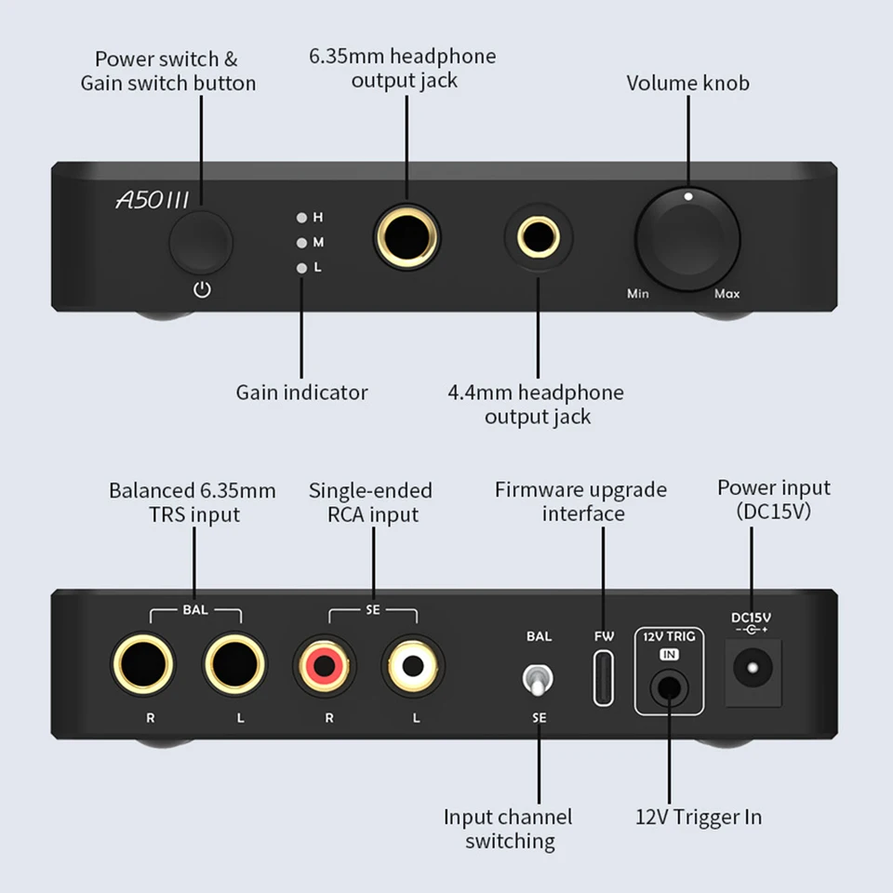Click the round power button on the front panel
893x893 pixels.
point(201,242)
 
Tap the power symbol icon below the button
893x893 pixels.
point(202,290)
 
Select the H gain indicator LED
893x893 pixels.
point(301,218)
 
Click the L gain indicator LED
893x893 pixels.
point(301,268)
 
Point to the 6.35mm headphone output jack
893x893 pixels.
point(407,237)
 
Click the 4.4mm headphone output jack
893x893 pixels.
point(539,237)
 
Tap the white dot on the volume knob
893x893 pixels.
point(688,196)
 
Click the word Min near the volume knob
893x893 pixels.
point(638,293)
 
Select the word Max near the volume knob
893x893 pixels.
point(727,293)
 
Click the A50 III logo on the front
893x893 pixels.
point(152,200)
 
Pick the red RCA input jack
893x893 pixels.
point(324,665)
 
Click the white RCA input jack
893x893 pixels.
point(413,665)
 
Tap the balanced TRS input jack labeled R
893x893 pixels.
point(143,664)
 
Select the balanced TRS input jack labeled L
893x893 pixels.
point(234,664)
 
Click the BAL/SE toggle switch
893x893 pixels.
point(538,679)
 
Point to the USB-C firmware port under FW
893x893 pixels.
point(604,678)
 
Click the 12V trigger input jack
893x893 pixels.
point(669,688)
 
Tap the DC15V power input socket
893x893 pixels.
point(753,672)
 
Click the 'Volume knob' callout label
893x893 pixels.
point(688,83)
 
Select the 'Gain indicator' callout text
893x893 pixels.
point(301,393)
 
